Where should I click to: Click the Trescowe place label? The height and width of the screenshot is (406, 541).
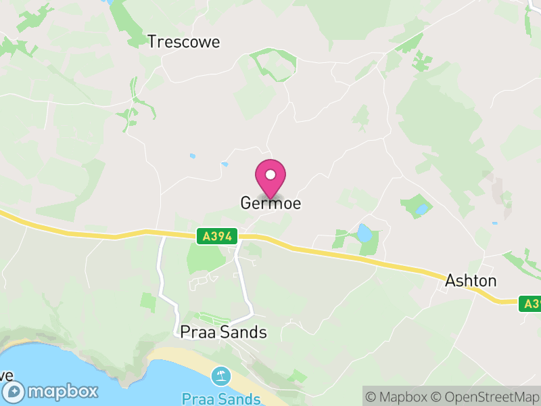point(184,42)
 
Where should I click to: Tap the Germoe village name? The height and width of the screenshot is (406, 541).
point(270,203)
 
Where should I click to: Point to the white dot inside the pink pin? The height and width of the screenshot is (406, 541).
point(270,175)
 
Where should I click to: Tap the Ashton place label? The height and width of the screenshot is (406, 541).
point(471,281)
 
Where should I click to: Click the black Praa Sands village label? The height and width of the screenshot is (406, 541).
point(224,332)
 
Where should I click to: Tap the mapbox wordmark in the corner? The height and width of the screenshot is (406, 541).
point(63,391)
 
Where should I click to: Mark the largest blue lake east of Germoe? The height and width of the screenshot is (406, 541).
point(364,233)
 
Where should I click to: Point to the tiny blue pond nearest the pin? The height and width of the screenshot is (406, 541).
point(225,163)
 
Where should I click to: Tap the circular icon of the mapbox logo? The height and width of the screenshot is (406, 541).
point(14,391)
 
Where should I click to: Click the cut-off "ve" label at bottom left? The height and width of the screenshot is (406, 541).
point(5,374)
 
